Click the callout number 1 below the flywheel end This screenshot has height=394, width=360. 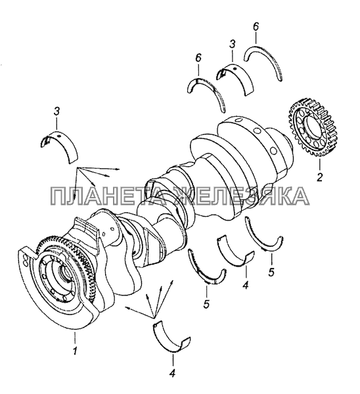tap(75, 351)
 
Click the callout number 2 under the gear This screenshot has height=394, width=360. tap(319, 177)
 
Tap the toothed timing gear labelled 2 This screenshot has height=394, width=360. tap(313, 127)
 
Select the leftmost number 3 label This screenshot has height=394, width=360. tap(56, 112)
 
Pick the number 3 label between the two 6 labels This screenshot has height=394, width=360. tap(233, 44)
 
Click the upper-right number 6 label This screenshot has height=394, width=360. tap(256, 28)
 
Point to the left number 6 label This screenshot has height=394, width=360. tap(198, 58)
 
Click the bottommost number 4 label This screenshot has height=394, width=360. tap(172, 374)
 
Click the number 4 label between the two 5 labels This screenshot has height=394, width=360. tap(245, 285)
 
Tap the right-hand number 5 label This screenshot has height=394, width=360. tap(271, 272)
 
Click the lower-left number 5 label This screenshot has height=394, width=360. tap(206, 304)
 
